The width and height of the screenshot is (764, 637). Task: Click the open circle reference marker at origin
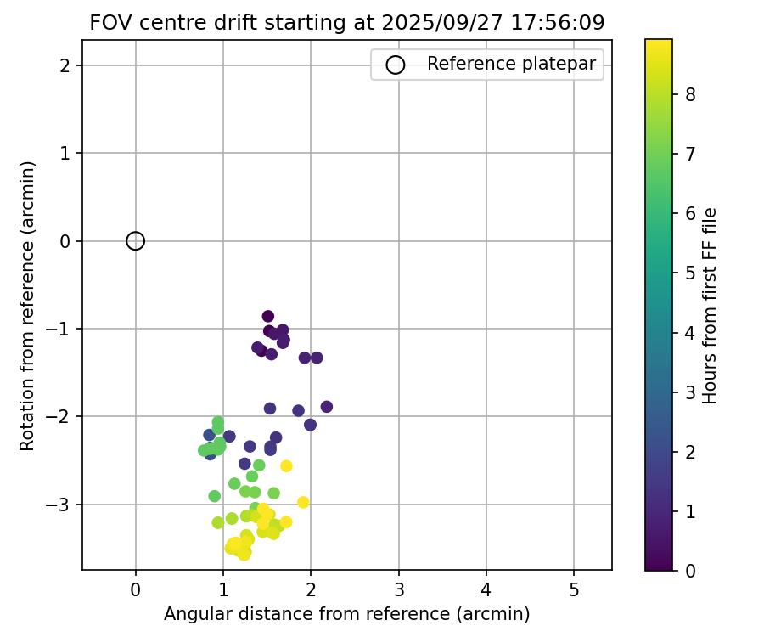(x=136, y=241)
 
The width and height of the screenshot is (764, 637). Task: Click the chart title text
(x=347, y=23)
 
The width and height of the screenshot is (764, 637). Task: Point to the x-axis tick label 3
(x=399, y=587)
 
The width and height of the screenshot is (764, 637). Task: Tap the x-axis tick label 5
(x=575, y=587)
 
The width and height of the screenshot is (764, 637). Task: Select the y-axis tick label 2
(x=65, y=65)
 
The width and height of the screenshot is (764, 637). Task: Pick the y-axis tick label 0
(x=65, y=241)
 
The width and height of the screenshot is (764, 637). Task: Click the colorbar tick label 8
(x=690, y=95)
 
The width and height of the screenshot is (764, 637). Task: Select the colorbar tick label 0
(x=690, y=570)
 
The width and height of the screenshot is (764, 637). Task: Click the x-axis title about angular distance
(x=347, y=613)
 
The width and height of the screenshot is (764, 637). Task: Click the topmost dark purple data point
(x=268, y=317)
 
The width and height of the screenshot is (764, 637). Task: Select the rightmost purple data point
(x=327, y=407)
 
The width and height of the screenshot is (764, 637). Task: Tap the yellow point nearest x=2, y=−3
(x=303, y=502)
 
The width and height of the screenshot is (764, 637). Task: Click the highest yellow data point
(x=286, y=465)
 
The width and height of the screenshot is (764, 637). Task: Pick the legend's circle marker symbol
(x=395, y=65)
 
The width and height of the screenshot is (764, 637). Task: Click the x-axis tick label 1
(x=223, y=587)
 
